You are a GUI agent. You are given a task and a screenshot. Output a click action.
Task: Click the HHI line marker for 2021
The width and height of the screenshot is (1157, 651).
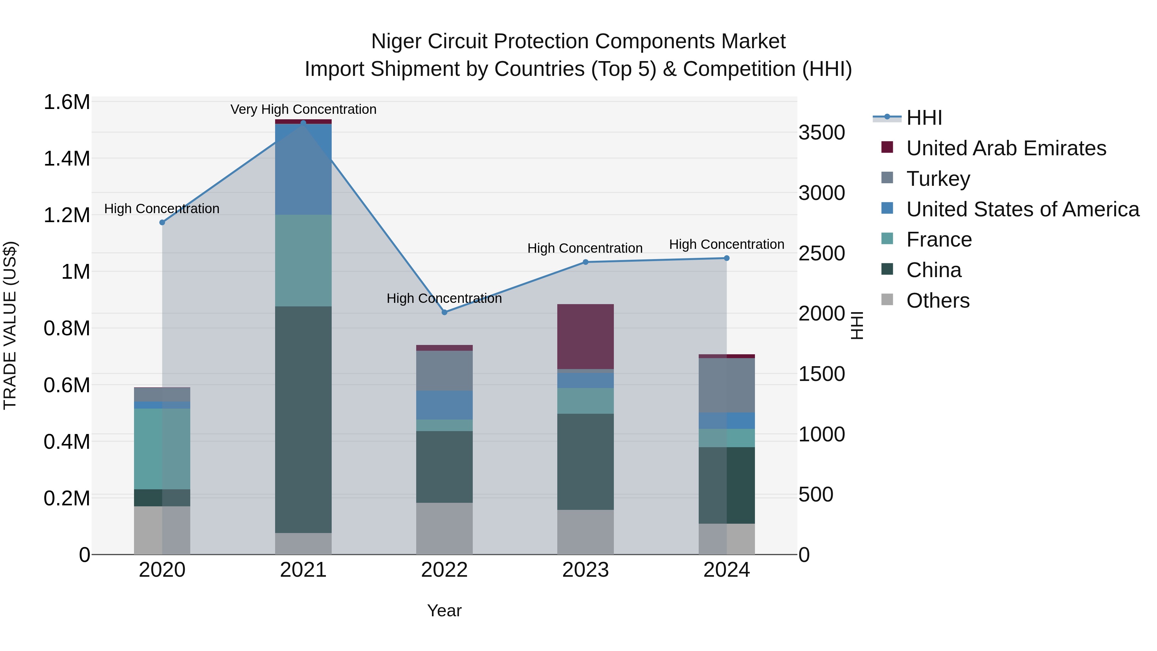point(303,123)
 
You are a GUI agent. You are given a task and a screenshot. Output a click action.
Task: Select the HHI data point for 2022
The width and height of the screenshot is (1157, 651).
point(444,312)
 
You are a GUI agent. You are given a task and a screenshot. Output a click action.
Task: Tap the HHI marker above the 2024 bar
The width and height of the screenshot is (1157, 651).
point(726,258)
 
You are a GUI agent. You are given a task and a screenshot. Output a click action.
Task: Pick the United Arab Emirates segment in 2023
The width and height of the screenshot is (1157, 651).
point(585,337)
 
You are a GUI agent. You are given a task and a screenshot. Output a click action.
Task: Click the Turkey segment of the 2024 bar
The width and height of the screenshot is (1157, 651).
point(726,385)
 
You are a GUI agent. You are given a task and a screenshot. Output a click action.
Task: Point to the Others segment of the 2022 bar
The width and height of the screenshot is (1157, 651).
point(444,528)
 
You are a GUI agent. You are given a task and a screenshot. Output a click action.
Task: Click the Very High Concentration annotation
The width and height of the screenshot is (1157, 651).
point(303,109)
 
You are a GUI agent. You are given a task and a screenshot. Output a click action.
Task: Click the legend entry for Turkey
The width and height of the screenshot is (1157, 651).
point(938,178)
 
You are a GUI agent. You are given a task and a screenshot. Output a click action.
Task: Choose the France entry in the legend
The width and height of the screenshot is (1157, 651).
point(939,240)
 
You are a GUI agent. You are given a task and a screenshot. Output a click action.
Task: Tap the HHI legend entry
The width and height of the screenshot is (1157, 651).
point(924,118)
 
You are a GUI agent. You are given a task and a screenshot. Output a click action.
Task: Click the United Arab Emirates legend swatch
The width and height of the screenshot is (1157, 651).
point(887,147)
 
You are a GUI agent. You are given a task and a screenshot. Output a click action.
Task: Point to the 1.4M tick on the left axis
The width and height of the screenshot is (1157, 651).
point(67,158)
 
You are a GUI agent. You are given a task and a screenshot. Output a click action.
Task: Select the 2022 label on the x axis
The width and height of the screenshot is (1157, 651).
point(444,570)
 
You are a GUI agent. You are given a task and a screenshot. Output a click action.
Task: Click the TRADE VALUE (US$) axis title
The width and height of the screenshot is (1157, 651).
point(10,325)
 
